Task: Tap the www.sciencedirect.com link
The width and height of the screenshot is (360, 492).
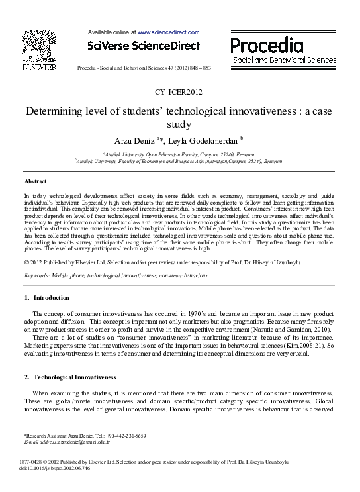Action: pyautogui.click(x=168, y=32)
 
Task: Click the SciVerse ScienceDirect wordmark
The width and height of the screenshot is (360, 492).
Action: pyautogui.click(x=144, y=46)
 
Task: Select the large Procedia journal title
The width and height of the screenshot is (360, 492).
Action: pyautogui.click(x=267, y=44)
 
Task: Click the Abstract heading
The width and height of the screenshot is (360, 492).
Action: pyautogui.click(x=35, y=181)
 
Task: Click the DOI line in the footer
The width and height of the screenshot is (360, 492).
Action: pyautogui.click(x=56, y=468)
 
